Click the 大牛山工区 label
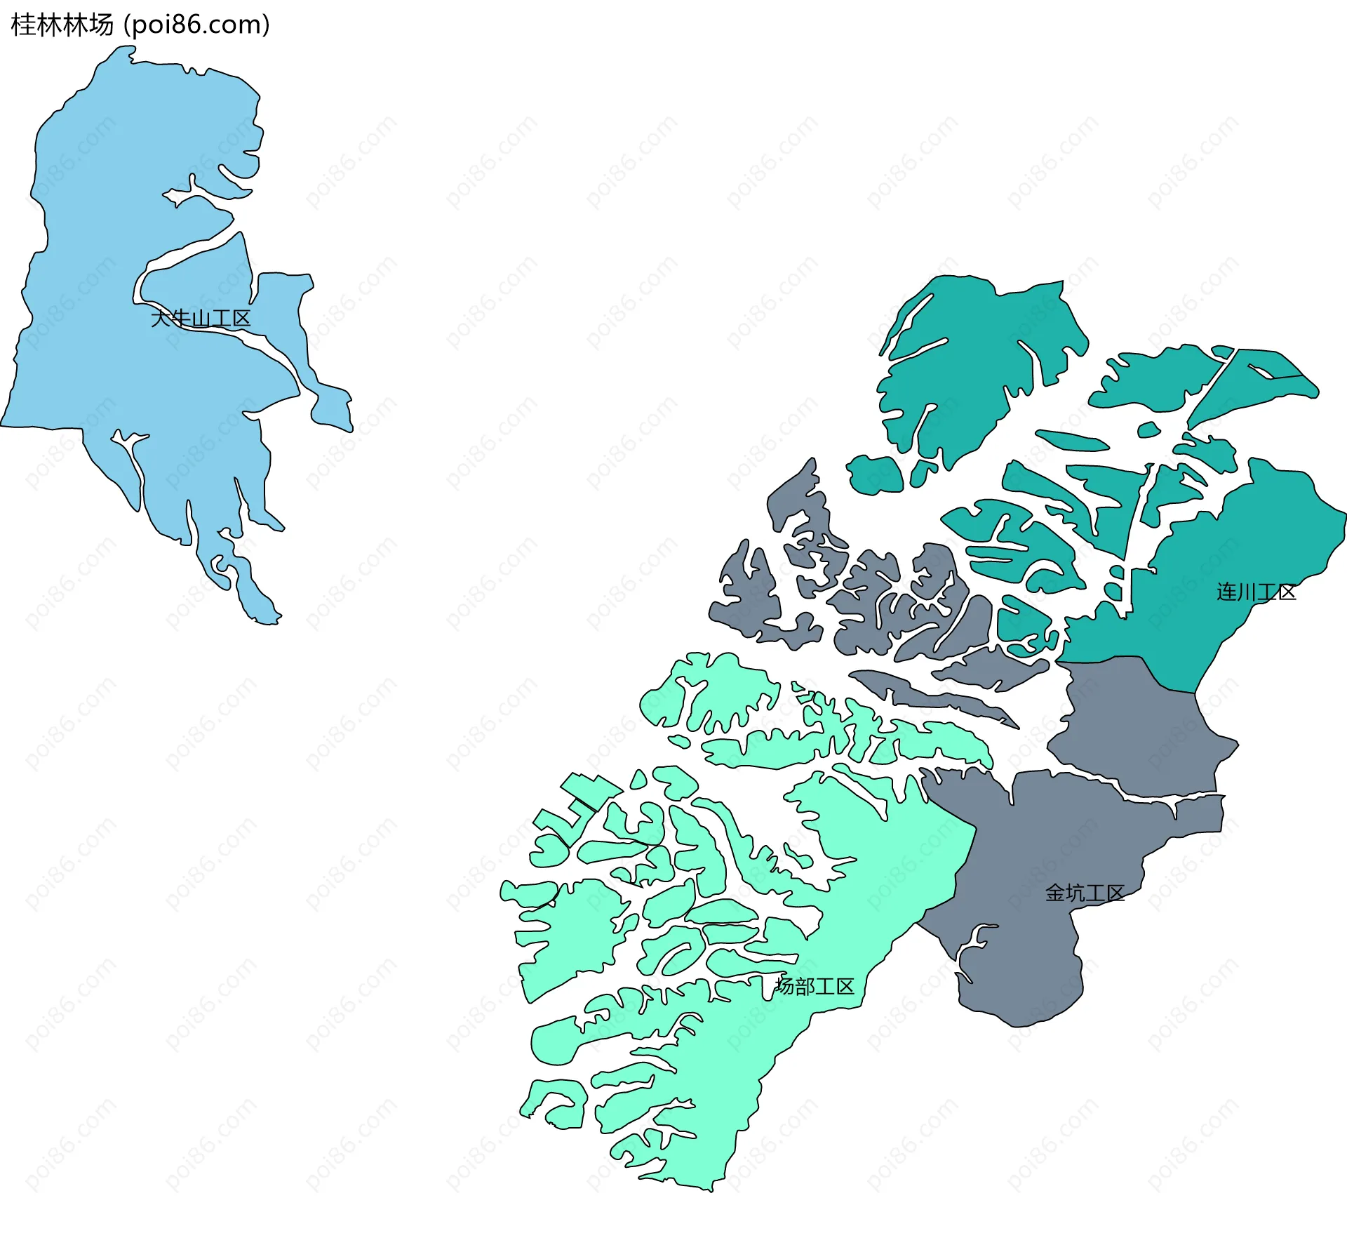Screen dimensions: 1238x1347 pos(201,319)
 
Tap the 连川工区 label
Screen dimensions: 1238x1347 pos(1256,592)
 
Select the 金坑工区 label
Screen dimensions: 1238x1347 pos(1085,893)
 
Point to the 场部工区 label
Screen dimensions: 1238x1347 pos(815,986)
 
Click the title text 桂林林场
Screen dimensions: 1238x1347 pos(62,25)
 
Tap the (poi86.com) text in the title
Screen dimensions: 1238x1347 pos(196,25)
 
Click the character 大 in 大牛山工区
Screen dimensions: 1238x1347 pos(161,319)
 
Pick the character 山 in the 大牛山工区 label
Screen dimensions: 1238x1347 pos(201,319)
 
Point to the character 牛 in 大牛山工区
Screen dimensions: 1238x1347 pos(181,319)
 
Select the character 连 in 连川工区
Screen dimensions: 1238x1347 pos(1226,592)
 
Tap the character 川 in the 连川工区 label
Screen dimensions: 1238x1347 pos(1247,592)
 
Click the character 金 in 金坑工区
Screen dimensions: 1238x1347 pos(1055,893)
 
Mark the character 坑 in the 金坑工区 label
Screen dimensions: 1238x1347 pos(1075,893)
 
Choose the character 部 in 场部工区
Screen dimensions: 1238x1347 pos(805,986)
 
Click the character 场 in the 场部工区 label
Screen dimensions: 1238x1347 pos(785,986)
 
